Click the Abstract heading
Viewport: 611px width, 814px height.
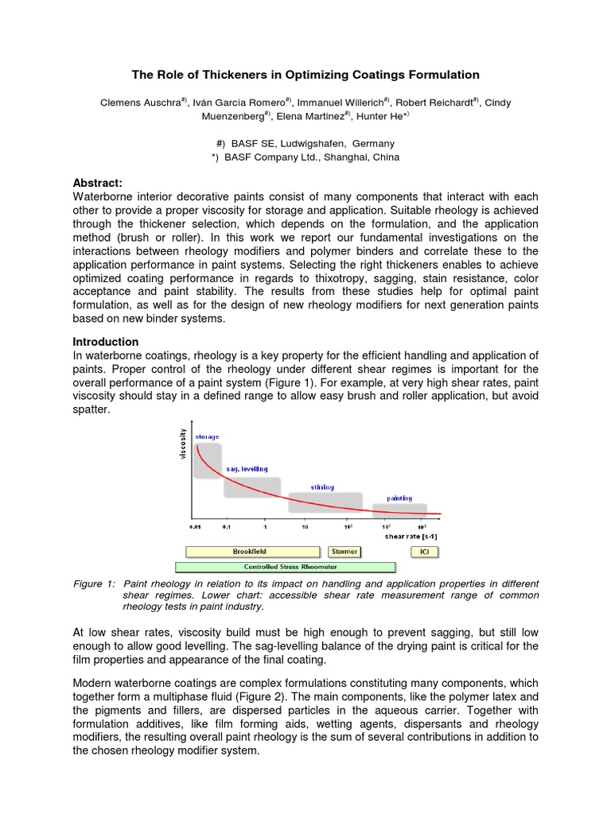(x=98, y=182)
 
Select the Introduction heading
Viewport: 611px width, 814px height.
(x=106, y=341)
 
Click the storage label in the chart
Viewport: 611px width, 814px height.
(x=207, y=437)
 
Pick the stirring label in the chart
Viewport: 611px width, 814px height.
(x=322, y=486)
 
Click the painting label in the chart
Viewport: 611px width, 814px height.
(x=399, y=498)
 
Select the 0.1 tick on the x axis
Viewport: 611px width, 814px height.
(x=226, y=526)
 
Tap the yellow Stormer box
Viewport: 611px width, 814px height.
(x=344, y=551)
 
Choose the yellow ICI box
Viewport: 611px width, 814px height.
(x=424, y=551)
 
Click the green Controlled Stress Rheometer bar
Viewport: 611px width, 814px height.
(x=285, y=567)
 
